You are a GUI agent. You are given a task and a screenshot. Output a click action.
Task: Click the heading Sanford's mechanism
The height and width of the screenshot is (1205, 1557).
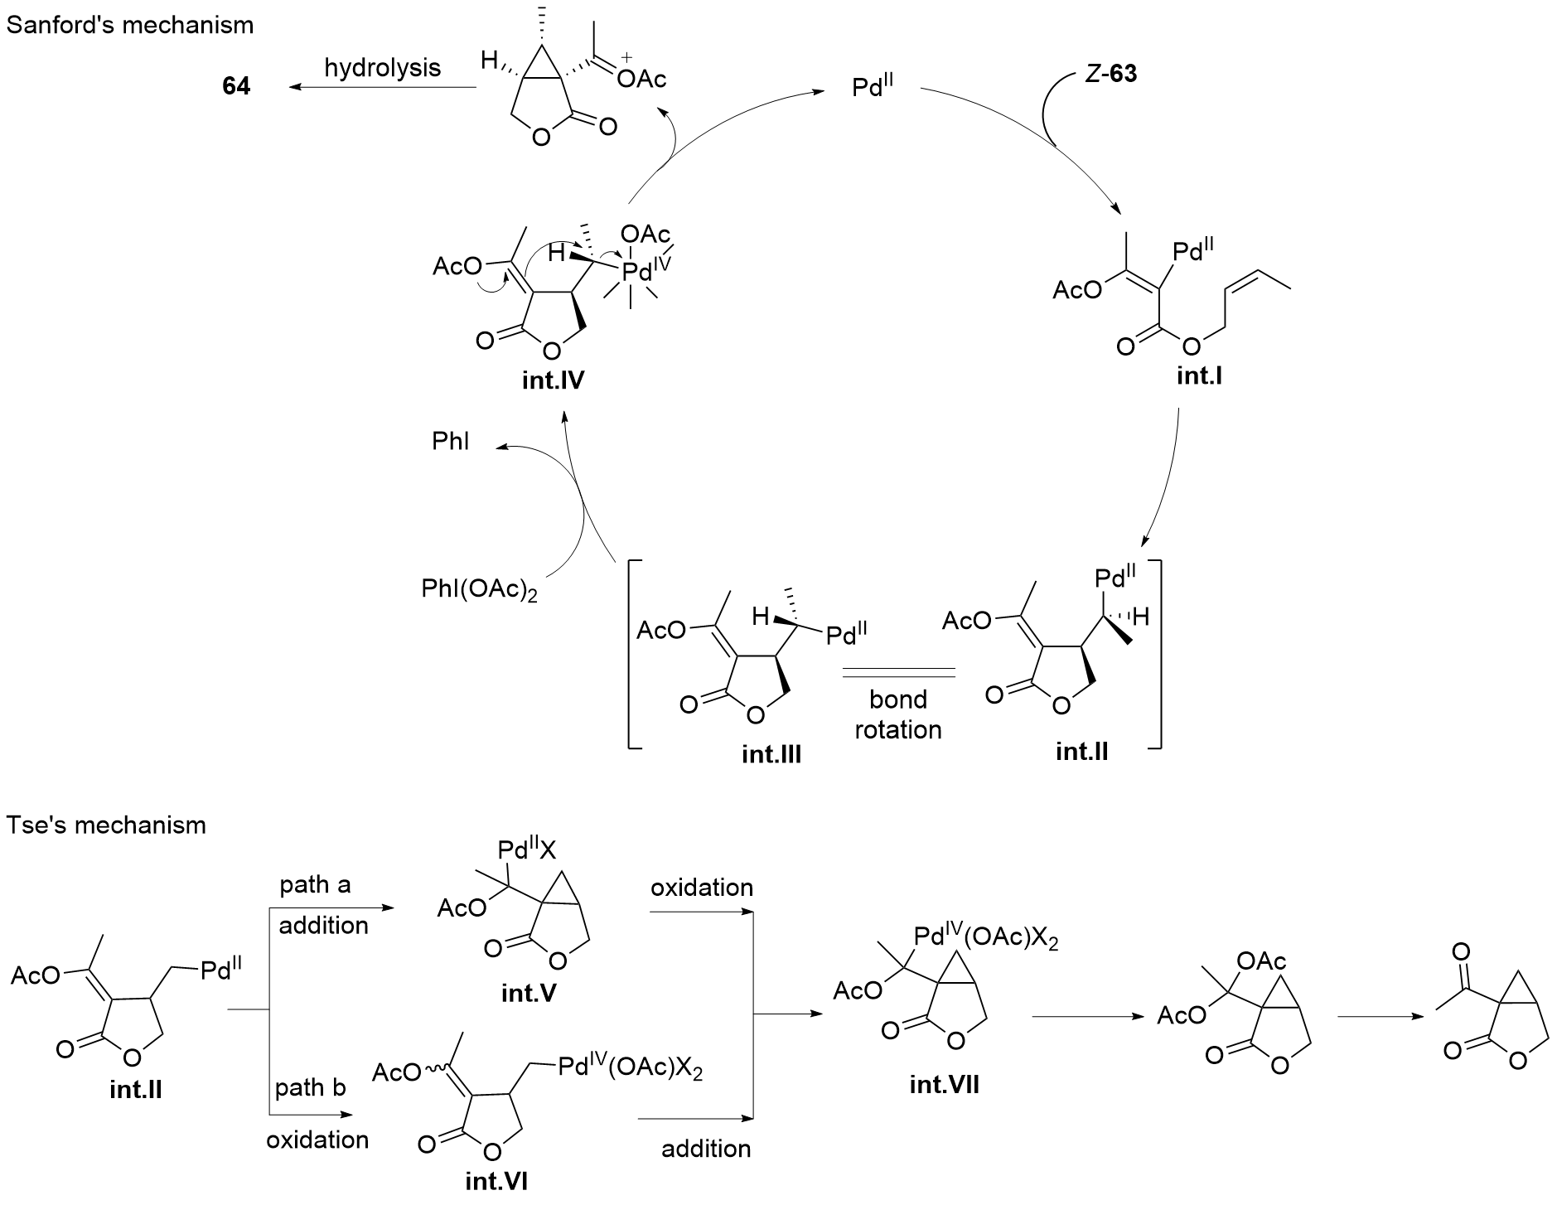coord(130,25)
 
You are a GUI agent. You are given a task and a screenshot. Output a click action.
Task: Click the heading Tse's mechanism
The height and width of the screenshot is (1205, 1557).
coord(107,825)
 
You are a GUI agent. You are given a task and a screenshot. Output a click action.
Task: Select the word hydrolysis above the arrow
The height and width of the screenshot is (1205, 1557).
coord(383,67)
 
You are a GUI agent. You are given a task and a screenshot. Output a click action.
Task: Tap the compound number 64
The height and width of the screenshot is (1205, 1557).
coord(235,86)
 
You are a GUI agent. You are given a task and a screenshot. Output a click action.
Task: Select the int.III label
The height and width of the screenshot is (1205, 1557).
coord(771,755)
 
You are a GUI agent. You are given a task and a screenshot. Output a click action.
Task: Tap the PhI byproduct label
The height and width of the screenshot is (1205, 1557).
coord(451,441)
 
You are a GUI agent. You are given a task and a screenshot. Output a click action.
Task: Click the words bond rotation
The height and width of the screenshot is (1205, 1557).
coord(898,714)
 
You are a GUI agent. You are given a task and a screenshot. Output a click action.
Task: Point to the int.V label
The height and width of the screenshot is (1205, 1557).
coord(529,992)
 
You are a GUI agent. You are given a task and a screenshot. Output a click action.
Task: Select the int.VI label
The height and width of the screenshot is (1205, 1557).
coord(496,1180)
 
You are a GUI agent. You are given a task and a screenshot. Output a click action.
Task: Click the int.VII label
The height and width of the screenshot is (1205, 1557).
coord(945,1084)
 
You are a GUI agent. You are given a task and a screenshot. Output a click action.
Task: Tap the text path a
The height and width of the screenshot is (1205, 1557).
coord(315,885)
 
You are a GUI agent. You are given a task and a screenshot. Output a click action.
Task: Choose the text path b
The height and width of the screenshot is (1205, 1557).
coord(311,1086)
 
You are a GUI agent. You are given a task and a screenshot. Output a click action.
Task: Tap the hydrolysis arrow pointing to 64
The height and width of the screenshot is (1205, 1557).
coord(380,86)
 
